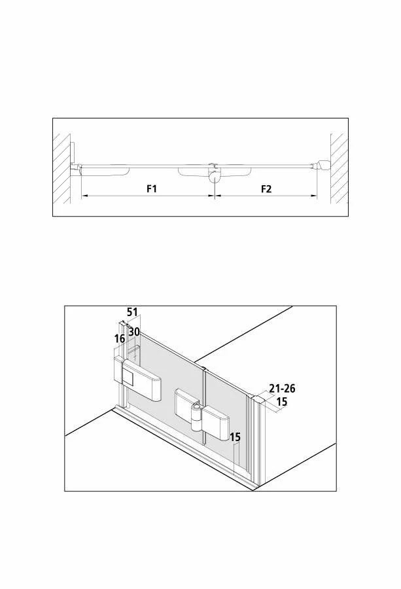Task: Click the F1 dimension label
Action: coord(151,188)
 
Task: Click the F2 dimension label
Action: coord(266,188)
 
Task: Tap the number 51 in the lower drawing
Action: coord(132,312)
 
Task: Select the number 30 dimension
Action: coord(134,332)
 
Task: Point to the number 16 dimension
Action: coord(120,339)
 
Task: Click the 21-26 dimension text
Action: coord(282,388)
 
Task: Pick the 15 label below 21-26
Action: coord(281,402)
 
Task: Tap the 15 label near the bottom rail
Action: coord(235,437)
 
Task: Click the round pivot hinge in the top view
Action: coord(215,176)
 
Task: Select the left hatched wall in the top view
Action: coord(61,169)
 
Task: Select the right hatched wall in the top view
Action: coord(339,169)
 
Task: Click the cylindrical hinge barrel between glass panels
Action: coord(197,417)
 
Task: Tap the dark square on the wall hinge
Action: coord(128,377)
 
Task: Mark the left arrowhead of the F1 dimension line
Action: coord(84,196)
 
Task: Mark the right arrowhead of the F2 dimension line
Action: coord(314,196)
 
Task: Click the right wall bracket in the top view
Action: coord(322,164)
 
